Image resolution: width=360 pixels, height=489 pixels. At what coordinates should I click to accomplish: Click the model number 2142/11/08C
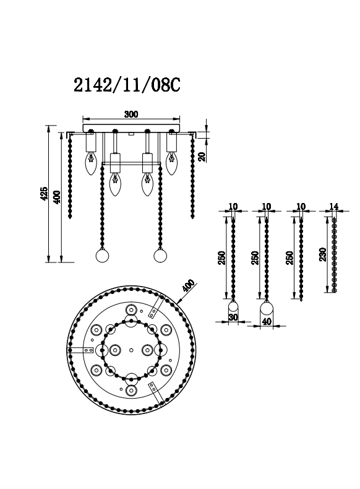[127, 85]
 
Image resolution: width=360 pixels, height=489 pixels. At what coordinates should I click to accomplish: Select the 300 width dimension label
[131, 114]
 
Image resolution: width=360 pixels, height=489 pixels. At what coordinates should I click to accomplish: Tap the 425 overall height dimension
[44, 193]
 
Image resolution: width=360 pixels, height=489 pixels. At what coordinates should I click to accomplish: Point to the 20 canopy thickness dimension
[203, 157]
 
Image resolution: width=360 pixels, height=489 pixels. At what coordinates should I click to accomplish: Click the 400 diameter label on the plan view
[188, 285]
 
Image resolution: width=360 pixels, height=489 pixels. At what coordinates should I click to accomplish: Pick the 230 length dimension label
[323, 254]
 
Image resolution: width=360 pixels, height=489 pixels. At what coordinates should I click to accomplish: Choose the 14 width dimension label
[333, 206]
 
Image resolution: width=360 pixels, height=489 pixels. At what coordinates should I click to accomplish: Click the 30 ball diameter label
[233, 318]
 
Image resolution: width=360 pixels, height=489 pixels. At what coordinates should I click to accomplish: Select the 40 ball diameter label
[267, 321]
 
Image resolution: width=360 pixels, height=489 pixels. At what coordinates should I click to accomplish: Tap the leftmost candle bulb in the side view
[90, 163]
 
